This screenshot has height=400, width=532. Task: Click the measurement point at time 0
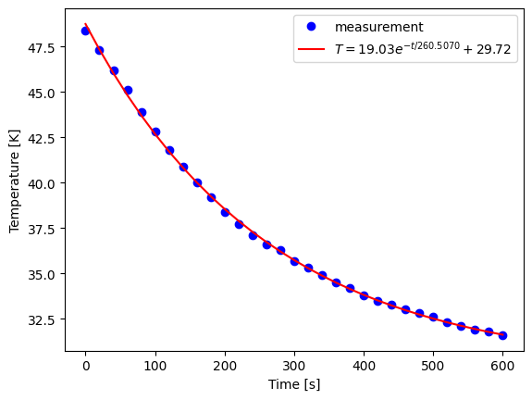click(x=86, y=31)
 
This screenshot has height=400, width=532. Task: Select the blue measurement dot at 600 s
click(x=502, y=335)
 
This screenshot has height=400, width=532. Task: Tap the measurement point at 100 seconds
click(x=155, y=131)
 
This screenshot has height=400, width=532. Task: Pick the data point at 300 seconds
click(x=294, y=261)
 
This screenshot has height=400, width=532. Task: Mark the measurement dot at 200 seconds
click(x=225, y=212)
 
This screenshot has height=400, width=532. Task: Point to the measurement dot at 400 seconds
click(x=364, y=295)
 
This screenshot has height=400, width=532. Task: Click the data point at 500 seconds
click(x=433, y=317)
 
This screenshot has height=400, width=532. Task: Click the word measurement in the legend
click(x=379, y=27)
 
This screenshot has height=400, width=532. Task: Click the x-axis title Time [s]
click(x=293, y=384)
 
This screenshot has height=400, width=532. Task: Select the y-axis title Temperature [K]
click(x=15, y=181)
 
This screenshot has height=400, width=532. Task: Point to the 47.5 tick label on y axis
click(x=41, y=47)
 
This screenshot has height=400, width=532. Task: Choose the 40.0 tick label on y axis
click(x=41, y=183)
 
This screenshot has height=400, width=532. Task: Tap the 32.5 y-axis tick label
click(x=41, y=319)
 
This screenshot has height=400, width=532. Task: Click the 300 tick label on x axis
click(x=294, y=365)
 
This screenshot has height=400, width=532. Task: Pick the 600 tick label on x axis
click(x=502, y=365)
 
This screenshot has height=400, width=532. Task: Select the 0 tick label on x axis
click(x=86, y=365)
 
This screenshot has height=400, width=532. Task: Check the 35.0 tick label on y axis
click(x=41, y=274)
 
